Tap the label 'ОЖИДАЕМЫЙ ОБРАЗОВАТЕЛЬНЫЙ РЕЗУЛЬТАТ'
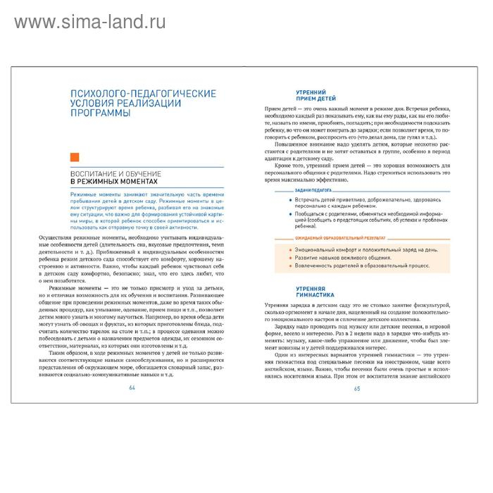click(333, 239)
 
